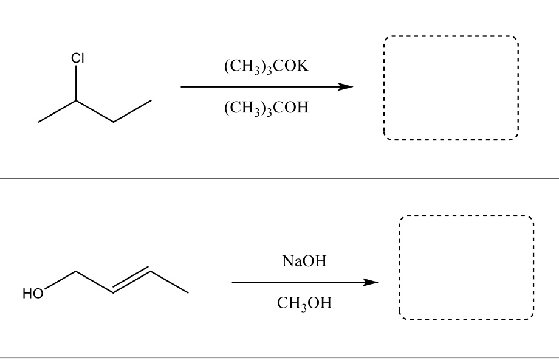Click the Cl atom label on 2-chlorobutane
77,59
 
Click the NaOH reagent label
304,262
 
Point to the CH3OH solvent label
304,303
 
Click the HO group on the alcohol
34,294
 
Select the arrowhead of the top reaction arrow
346,87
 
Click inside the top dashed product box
451,88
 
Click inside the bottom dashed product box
465,268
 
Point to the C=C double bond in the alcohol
132,281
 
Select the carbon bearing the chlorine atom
77,100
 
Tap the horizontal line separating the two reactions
279,178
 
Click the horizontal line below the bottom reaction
279,357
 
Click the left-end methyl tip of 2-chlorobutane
38,122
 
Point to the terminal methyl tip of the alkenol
188,293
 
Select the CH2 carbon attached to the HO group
77,272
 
